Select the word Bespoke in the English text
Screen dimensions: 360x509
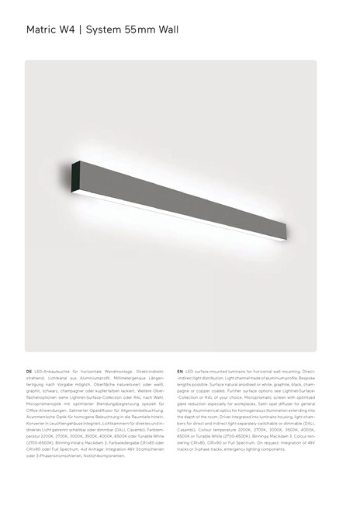tap(307, 379)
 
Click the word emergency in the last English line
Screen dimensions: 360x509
tap(237, 450)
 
